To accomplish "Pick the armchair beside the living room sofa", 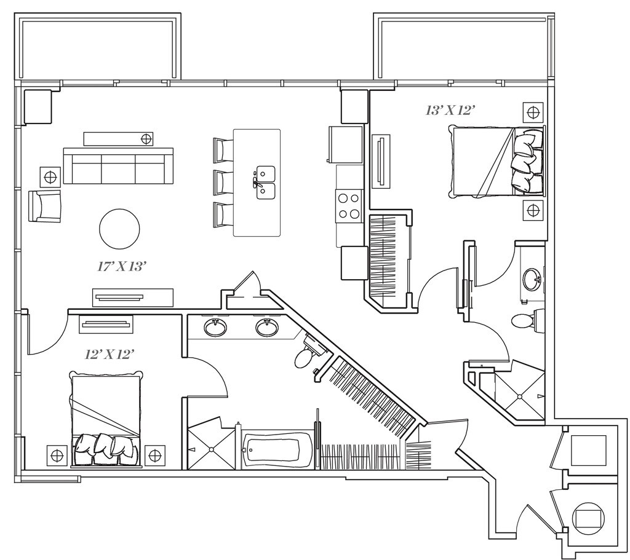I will pos(45,206).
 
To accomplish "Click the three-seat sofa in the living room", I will pos(114,166).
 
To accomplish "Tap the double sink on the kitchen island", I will pos(265,182).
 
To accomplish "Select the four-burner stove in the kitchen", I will pos(349,206).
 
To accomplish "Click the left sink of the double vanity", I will pos(215,328).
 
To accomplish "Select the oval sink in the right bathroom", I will pos(533,280).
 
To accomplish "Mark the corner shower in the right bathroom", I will pos(520,394).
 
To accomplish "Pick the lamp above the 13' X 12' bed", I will pos(533,112).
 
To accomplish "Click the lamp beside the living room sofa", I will pos(50,177).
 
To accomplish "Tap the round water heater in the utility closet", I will pos(589,518).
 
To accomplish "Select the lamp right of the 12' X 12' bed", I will pos(155,455).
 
